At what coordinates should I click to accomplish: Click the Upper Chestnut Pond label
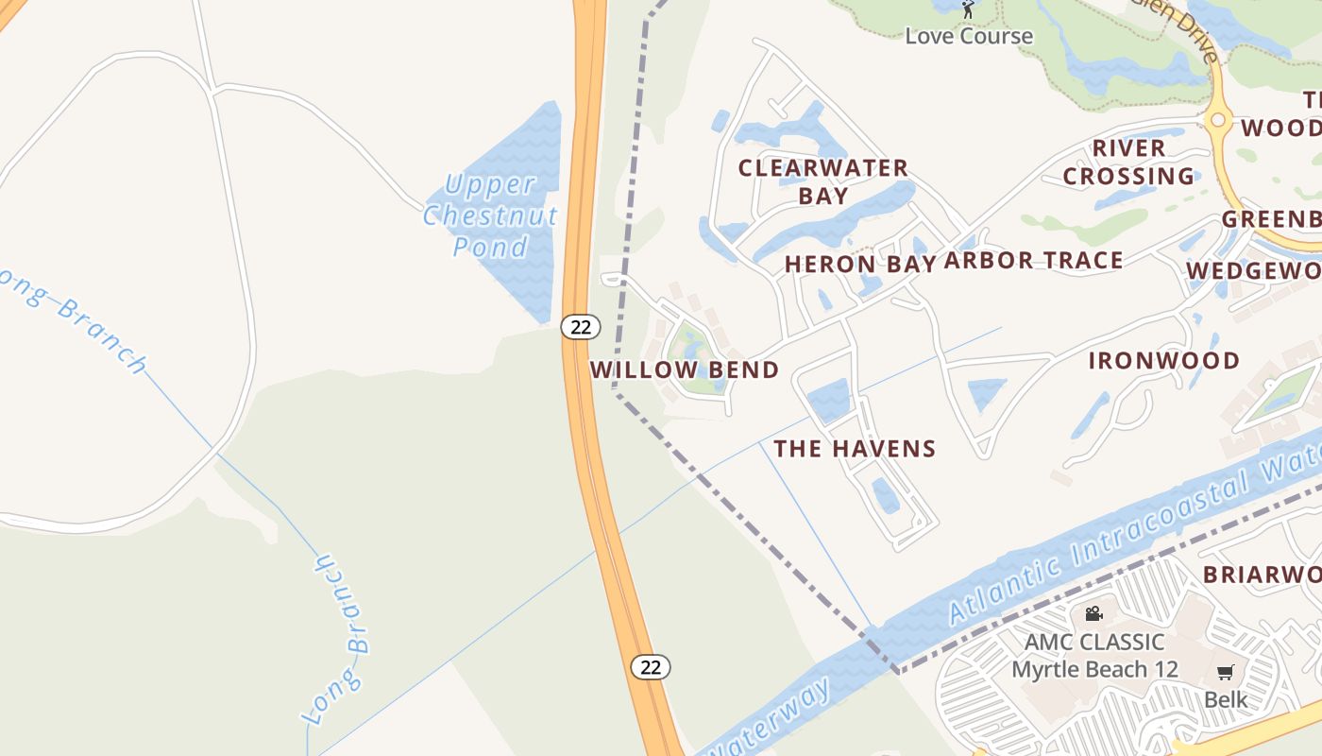pos(490,215)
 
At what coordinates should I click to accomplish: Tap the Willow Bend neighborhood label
pos(685,369)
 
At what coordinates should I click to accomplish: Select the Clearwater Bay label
pos(822,181)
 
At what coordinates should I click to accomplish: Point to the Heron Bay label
pos(860,264)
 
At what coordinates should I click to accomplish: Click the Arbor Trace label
pos(1033,261)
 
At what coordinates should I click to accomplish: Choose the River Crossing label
pos(1128,163)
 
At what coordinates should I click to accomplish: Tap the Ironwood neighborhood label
pos(1163,361)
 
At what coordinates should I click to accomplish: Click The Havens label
pos(855,449)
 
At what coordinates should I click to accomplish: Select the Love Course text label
pos(969,36)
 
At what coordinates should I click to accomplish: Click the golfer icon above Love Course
pos(968,9)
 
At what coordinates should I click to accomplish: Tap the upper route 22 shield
pos(581,327)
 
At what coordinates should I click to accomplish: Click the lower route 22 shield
pos(651,666)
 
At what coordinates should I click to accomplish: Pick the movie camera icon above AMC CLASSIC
pos(1093,614)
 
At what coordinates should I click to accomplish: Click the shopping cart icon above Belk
pos(1225,673)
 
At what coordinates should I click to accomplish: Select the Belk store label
pos(1225,700)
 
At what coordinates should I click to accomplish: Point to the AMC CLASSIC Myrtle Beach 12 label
pos(1094,656)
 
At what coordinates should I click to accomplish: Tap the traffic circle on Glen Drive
pos(1217,120)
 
